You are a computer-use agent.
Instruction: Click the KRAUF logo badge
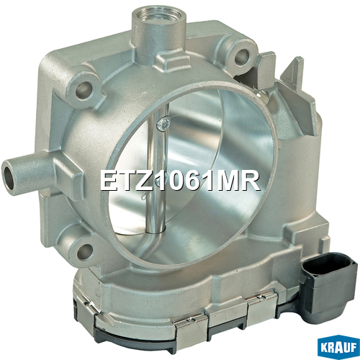pyautogui.click(x=338, y=347)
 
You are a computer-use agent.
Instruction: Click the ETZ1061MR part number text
pyautogui.click(x=180, y=181)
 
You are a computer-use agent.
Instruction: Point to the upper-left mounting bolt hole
pyautogui.click(x=84, y=91)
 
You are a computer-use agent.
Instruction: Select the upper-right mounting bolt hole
pyautogui.click(x=242, y=57)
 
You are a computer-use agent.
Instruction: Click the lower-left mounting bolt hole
pyautogui.click(x=85, y=251)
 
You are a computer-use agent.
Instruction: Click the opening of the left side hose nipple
pyautogui.click(x=9, y=176)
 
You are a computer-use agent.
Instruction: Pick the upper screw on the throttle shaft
pyautogui.click(x=163, y=124)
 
